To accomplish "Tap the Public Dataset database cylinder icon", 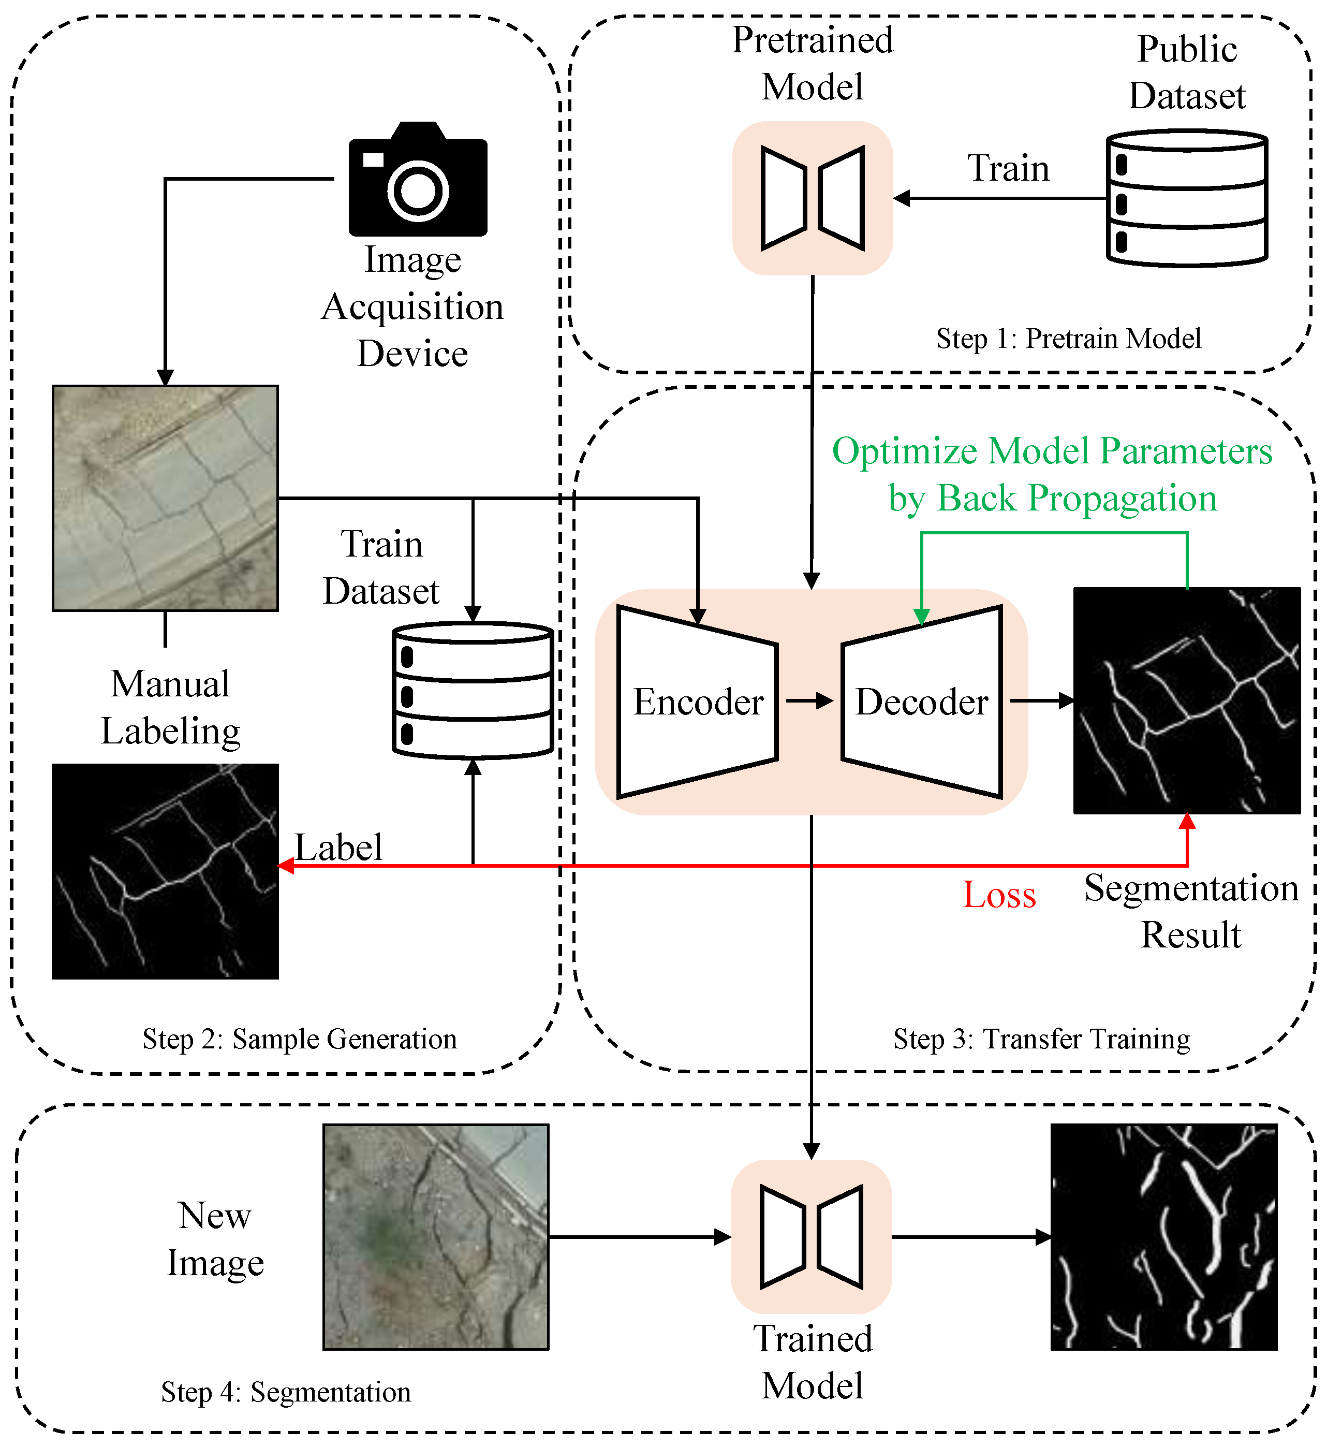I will [1186, 198].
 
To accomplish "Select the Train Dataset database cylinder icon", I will [473, 690].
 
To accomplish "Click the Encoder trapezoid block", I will [697, 702].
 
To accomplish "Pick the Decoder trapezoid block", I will [922, 702].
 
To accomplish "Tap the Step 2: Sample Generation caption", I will [300, 1039].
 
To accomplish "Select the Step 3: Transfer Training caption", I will [1041, 1039].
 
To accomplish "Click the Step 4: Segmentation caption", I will [286, 1392].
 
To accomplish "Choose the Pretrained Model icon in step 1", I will [812, 198].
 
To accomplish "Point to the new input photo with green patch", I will [435, 1236].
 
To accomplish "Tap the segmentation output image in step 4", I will [1163, 1236].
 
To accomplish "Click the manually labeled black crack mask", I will [165, 871].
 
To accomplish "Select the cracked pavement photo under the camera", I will [165, 498].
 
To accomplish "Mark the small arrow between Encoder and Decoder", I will [809, 700].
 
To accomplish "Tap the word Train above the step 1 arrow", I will [1008, 169].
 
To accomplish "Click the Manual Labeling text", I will [170, 708].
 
